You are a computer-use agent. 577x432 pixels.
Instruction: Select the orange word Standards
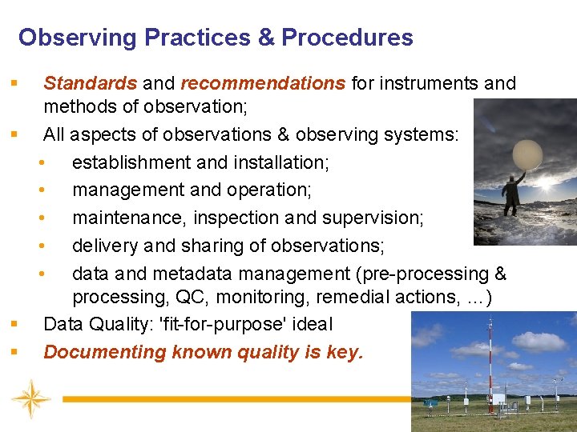(90, 83)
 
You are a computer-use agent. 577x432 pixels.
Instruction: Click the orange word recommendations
(263, 83)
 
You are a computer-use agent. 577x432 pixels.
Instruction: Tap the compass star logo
(31, 399)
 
